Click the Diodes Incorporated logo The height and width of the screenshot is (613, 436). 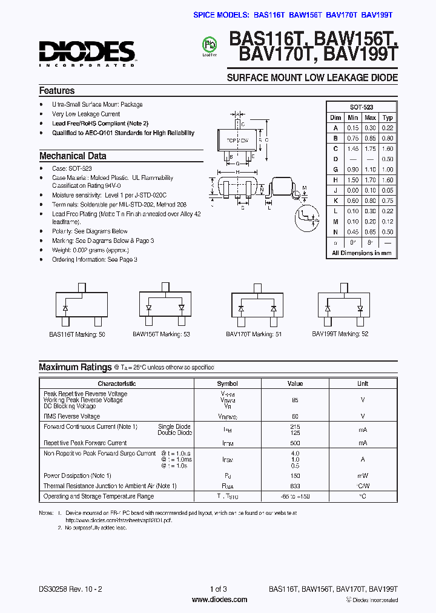[87, 53]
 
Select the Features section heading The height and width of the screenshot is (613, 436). [57, 91]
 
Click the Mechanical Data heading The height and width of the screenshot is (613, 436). [73, 156]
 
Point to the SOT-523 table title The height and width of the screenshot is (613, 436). [362, 107]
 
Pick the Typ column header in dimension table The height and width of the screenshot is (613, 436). [388, 118]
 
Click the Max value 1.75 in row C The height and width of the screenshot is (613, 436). [371, 148]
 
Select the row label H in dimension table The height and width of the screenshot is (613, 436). [335, 180]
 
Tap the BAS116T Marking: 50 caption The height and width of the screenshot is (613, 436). [77, 334]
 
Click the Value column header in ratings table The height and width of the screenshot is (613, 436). [295, 383]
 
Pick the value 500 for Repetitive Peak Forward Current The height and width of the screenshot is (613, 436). [295, 443]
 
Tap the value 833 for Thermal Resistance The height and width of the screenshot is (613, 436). [295, 486]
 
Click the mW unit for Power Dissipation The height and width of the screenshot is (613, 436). [362, 476]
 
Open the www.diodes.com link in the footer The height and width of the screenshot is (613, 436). [219, 600]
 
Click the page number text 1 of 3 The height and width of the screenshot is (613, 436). [218, 589]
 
